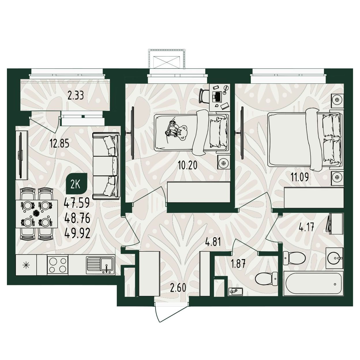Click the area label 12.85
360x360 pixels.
coord(59,144)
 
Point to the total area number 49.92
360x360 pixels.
coord(77,233)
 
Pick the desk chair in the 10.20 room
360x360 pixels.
coord(204,96)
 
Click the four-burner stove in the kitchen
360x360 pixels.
coord(58,265)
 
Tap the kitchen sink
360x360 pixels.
coord(100,265)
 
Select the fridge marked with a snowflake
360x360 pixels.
coord(26,265)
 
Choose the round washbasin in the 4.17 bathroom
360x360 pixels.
coord(334,258)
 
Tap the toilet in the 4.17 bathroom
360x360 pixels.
coord(294,258)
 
